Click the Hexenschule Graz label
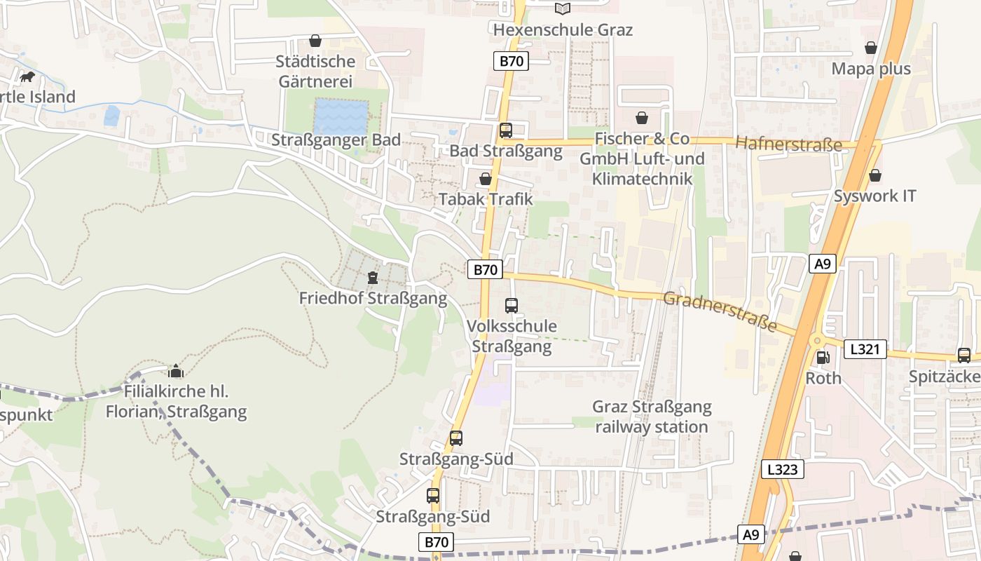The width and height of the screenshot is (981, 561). pyautogui.click(x=563, y=29)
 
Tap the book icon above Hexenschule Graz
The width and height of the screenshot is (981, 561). pyautogui.click(x=563, y=8)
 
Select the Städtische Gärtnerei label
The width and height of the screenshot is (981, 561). pyautogui.click(x=316, y=71)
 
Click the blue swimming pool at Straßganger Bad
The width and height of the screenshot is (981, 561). pyautogui.click(x=341, y=116)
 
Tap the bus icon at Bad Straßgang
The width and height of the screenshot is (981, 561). pyautogui.click(x=506, y=130)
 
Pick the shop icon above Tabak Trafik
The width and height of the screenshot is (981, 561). pyautogui.click(x=485, y=179)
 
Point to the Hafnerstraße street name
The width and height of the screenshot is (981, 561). pyautogui.click(x=788, y=144)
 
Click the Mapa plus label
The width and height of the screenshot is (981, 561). pyautogui.click(x=871, y=69)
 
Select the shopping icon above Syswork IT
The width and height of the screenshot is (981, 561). pyautogui.click(x=874, y=175)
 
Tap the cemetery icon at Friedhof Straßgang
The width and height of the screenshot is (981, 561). pyautogui.click(x=373, y=278)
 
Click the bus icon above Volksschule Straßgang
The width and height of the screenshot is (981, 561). pyautogui.click(x=512, y=305)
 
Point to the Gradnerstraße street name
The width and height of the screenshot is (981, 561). pyautogui.click(x=720, y=311)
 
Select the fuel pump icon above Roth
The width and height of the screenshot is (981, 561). pyautogui.click(x=823, y=357)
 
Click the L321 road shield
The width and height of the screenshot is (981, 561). pyautogui.click(x=865, y=349)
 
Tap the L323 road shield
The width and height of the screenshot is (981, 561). pyautogui.click(x=782, y=469)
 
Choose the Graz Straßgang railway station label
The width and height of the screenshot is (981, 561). pyautogui.click(x=652, y=417)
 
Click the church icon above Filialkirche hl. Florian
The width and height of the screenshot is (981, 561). pyautogui.click(x=175, y=370)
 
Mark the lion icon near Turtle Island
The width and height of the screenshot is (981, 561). pyautogui.click(x=28, y=76)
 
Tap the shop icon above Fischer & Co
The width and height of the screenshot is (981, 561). pyautogui.click(x=641, y=117)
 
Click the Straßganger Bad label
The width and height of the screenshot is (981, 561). pyautogui.click(x=336, y=140)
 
